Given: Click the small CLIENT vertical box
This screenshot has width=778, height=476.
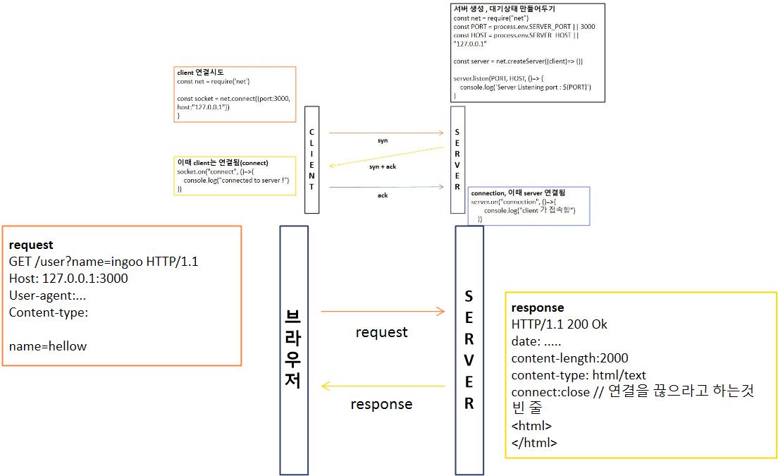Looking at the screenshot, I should point(311,159).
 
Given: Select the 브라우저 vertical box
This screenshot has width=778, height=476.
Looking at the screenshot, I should point(294,350).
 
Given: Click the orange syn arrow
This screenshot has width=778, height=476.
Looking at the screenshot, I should point(385,133).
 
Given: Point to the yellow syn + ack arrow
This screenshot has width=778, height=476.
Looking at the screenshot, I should point(386,157).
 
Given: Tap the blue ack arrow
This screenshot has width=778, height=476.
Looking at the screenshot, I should point(385,187).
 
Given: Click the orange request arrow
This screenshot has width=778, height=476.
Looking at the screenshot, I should point(383,311).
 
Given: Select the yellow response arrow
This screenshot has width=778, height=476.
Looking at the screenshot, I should point(383,386).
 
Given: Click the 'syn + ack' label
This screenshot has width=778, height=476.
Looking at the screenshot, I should point(383,166).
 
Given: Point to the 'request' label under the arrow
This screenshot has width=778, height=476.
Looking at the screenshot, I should point(382,331).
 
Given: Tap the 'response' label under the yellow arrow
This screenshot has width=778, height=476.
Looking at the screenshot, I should point(381,404).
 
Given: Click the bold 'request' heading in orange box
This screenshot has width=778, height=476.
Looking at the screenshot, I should point(31,245).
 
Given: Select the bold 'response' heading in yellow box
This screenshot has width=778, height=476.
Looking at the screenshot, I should point(538,307).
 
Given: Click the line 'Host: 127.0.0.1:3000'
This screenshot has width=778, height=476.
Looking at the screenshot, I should point(68,279).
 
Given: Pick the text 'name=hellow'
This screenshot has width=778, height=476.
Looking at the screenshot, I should point(48,346).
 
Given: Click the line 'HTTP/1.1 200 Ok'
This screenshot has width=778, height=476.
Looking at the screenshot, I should point(560,324).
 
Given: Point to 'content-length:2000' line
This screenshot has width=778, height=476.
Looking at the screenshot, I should point(569,358).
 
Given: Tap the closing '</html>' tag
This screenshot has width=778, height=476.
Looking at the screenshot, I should point(534,443).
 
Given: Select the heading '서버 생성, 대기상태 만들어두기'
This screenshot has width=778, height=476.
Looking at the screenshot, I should point(504,9).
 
